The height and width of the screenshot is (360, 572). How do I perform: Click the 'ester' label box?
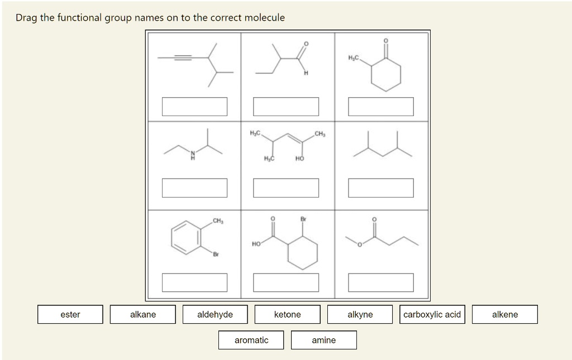[70, 314]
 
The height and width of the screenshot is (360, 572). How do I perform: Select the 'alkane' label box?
[143, 314]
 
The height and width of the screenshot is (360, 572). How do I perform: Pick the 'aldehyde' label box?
[215, 314]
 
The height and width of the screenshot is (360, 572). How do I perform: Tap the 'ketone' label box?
[288, 314]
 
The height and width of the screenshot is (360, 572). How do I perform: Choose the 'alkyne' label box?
[360, 314]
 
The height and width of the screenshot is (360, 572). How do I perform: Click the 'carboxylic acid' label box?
[432, 314]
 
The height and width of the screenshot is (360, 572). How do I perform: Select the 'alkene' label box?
[505, 314]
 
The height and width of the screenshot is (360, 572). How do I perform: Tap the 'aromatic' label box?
[251, 340]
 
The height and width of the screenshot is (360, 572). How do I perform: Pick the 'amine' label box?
[324, 340]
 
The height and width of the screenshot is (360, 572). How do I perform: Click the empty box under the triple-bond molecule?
[195, 107]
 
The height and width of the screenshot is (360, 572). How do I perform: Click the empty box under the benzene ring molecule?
[195, 282]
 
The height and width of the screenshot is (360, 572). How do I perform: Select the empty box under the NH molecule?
[195, 188]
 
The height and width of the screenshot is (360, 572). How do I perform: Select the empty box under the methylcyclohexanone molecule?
[381, 107]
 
